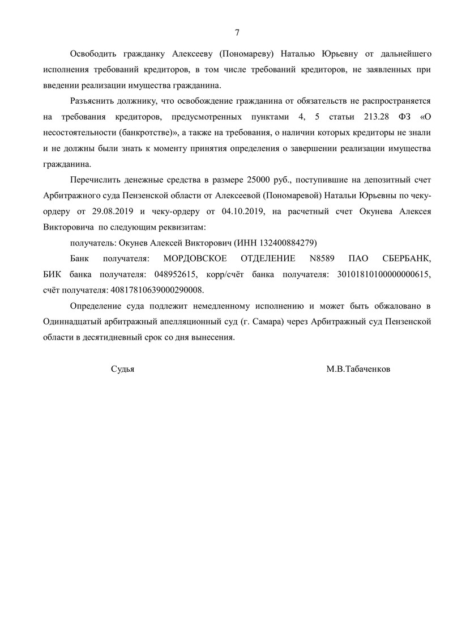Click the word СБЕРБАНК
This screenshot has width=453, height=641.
pos(403,258)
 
